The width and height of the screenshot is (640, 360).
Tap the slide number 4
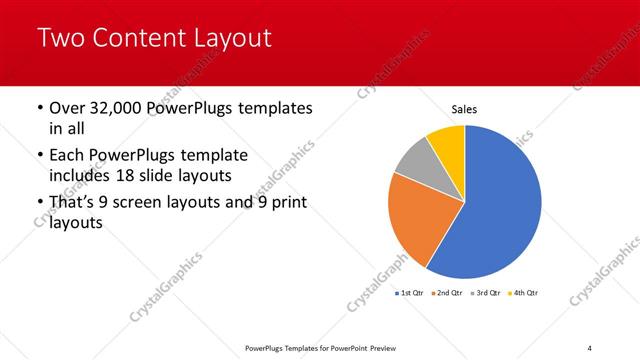590,347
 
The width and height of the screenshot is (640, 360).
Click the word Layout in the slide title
231,39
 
